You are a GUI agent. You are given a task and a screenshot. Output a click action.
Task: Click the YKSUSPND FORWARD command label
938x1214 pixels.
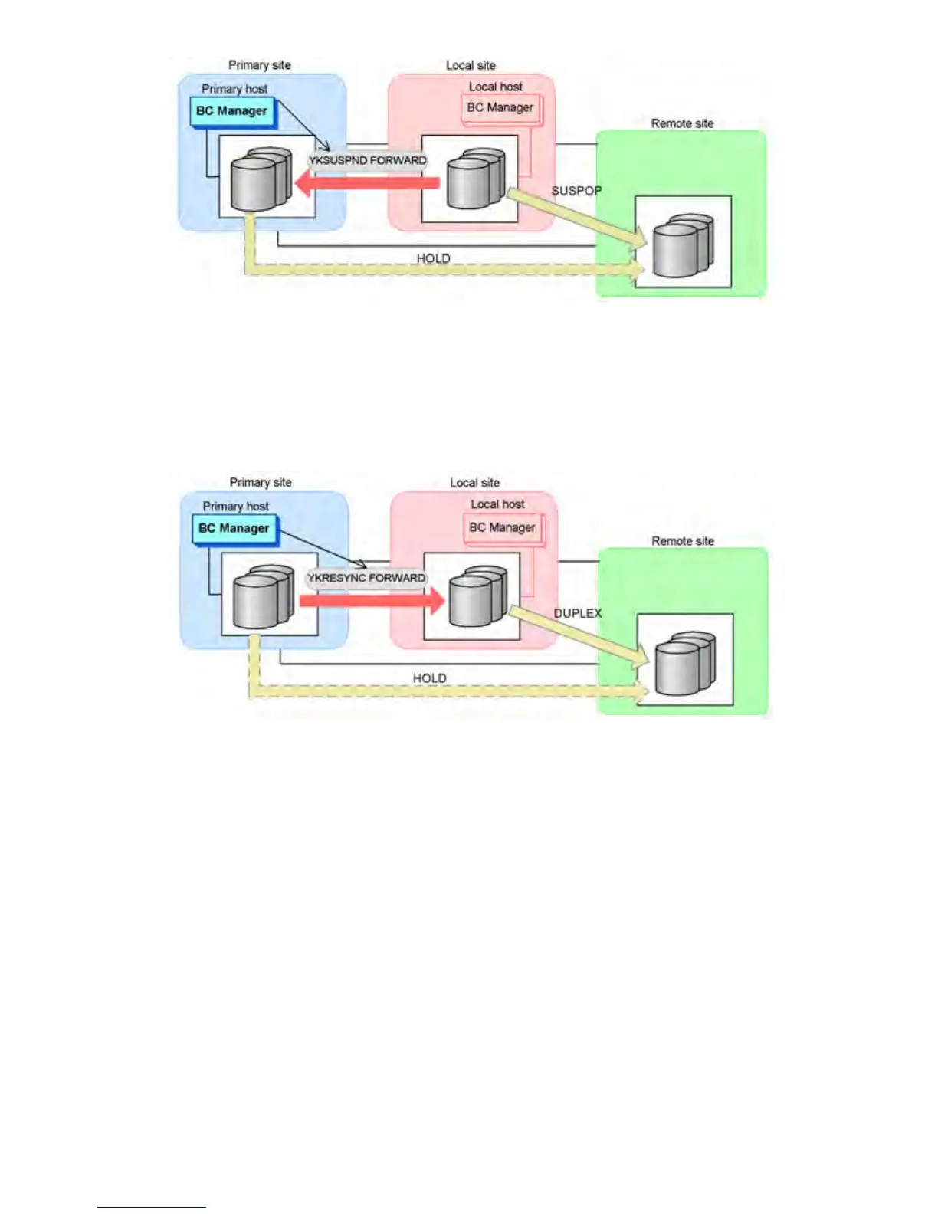click(x=367, y=161)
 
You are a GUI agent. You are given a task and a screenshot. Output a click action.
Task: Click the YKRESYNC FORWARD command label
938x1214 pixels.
click(x=366, y=578)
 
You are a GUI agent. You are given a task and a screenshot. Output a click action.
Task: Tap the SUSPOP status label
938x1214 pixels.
click(x=576, y=191)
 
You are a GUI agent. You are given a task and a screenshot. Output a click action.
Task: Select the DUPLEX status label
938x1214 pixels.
click(x=578, y=613)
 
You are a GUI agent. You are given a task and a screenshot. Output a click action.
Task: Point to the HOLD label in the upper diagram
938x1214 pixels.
click(x=433, y=258)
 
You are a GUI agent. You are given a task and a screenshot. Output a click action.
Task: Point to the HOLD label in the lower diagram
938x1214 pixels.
click(x=429, y=678)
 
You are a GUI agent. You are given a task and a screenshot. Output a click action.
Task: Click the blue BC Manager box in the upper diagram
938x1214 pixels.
click(x=231, y=111)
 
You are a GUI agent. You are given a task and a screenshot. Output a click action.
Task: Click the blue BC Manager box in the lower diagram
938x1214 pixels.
click(x=234, y=529)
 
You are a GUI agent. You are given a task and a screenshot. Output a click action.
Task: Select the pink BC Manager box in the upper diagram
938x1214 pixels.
click(x=500, y=108)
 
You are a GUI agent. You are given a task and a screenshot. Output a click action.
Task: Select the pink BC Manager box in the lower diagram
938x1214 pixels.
click(x=503, y=528)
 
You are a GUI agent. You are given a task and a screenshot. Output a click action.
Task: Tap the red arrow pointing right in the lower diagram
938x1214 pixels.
click(x=372, y=600)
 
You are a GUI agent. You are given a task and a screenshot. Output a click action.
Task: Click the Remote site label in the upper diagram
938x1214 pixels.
click(x=682, y=123)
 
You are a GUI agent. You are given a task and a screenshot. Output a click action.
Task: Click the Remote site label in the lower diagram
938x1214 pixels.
click(x=683, y=541)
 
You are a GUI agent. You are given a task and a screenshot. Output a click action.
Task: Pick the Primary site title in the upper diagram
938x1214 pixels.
click(x=260, y=65)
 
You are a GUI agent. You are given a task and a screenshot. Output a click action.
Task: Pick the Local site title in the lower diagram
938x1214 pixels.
click(x=474, y=483)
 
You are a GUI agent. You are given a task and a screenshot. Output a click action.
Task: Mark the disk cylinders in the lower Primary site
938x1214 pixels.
click(x=263, y=596)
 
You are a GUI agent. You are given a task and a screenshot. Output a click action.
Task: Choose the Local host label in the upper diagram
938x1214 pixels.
click(x=496, y=87)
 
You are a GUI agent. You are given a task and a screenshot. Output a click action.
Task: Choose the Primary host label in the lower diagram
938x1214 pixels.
click(x=235, y=507)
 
